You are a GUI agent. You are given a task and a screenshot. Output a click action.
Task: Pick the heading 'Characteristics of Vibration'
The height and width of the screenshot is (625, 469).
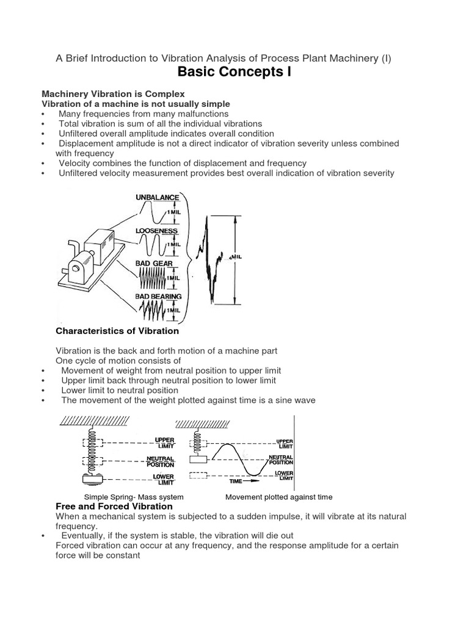click(117, 331)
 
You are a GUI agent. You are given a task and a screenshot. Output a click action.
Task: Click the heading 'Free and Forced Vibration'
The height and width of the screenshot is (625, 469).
click(114, 507)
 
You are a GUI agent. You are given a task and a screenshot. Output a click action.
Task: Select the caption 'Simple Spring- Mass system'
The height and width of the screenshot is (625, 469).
click(134, 497)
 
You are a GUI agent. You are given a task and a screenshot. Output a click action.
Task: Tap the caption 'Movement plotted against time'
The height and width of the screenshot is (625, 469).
click(279, 497)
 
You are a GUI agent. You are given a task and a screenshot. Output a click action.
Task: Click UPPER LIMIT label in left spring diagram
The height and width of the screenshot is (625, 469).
click(164, 442)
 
